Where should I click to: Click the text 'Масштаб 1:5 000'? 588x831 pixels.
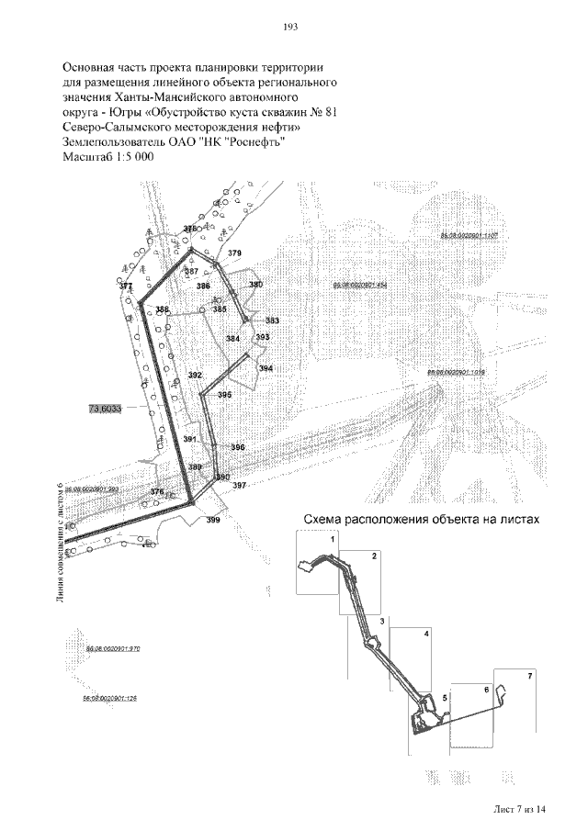[107, 157]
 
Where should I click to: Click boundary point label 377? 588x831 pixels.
[126, 286]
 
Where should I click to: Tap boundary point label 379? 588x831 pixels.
[234, 253]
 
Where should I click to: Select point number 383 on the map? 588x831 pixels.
[272, 320]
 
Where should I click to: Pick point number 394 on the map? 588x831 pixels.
[266, 368]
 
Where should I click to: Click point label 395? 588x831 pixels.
[224, 395]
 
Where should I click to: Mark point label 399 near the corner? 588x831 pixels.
[213, 521]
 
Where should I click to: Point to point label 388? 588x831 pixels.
[162, 310]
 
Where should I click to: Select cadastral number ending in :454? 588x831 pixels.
[359, 286]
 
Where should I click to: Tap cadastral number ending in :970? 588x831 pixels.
[111, 649]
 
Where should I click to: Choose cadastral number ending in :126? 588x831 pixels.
[109, 699]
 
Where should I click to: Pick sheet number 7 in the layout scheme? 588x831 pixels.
[528, 676]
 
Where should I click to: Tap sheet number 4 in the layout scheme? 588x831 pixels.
[426, 634]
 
